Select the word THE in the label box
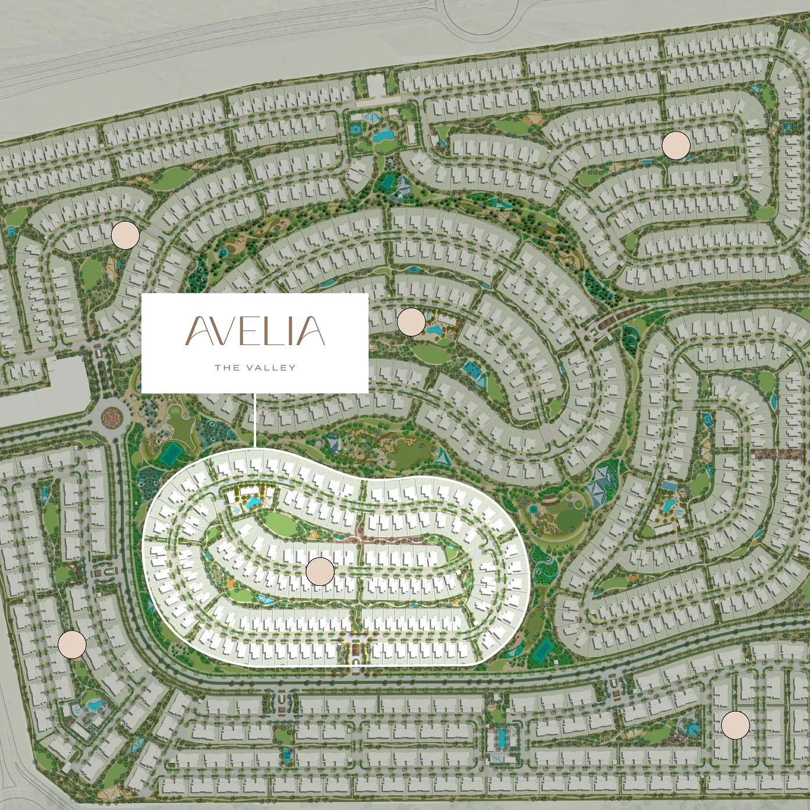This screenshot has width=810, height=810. (x=226, y=368)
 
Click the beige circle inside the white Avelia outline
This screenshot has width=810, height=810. (x=319, y=571)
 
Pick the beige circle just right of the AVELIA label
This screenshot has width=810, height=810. (x=411, y=322)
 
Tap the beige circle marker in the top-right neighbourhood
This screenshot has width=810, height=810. (x=676, y=145)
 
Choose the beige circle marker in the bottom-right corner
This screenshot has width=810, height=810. (x=736, y=724)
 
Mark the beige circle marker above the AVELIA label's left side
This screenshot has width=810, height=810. (x=125, y=235)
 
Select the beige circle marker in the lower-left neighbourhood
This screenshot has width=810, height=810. (x=72, y=644)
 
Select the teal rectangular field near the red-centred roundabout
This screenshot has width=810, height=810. (x=170, y=453)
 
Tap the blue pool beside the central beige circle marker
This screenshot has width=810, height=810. (x=434, y=330)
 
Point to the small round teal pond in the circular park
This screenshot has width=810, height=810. (x=534, y=510)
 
